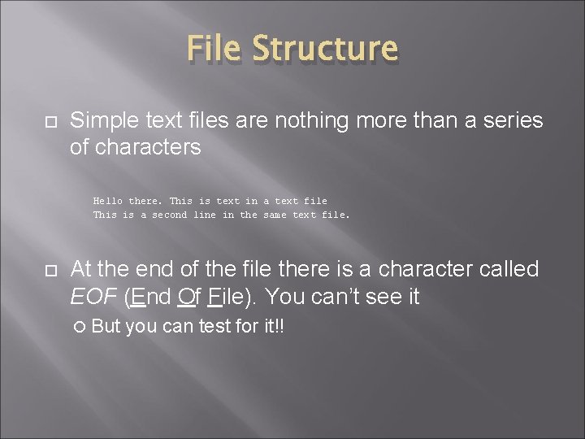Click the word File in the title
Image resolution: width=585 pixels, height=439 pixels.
(215, 49)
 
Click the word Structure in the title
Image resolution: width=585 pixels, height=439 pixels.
(326, 49)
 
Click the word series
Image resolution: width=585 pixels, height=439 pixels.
(513, 120)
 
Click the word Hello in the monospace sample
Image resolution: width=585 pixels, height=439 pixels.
(108, 200)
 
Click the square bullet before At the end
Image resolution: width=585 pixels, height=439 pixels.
(49, 269)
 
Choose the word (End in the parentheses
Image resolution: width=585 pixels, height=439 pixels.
(149, 297)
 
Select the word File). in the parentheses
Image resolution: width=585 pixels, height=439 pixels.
(235, 297)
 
